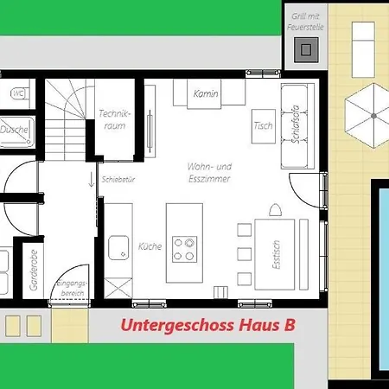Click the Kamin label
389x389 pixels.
click(x=206, y=93)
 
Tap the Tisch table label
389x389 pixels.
click(x=264, y=126)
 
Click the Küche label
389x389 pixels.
click(x=150, y=246)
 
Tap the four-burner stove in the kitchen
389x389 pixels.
click(x=184, y=249)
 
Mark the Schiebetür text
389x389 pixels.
click(x=118, y=181)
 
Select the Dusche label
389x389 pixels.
click(x=15, y=131)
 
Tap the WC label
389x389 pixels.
click(x=16, y=92)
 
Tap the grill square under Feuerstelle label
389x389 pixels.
click(x=304, y=50)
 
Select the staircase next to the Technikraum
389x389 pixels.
click(x=67, y=109)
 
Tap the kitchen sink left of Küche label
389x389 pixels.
click(x=118, y=247)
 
